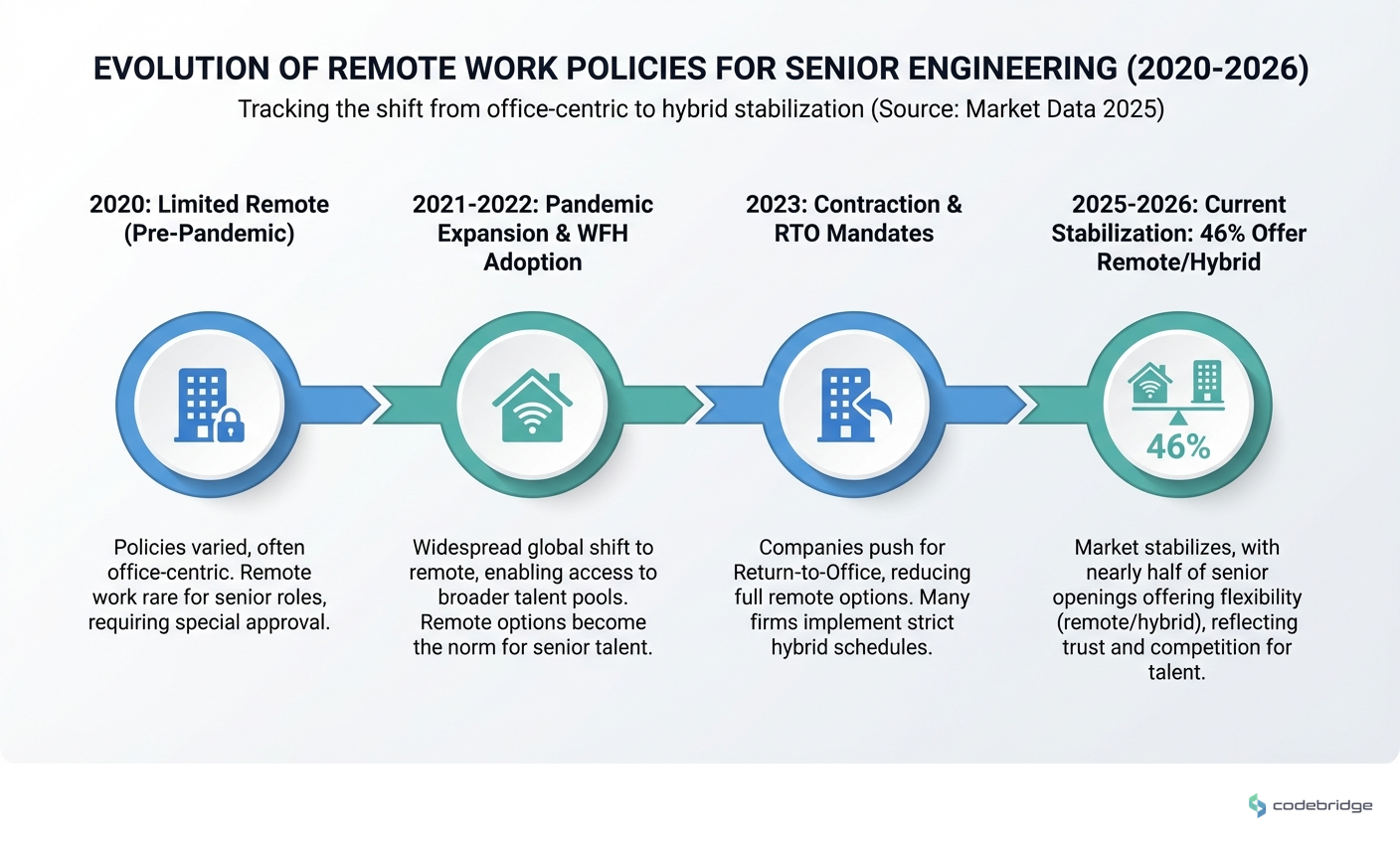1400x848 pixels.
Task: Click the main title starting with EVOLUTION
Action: [700, 68]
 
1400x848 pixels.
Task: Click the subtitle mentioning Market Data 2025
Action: [700, 108]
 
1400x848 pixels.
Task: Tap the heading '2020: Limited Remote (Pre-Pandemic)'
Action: [209, 219]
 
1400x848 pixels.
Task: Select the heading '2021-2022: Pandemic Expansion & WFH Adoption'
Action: [533, 233]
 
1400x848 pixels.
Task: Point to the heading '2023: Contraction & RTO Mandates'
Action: [854, 219]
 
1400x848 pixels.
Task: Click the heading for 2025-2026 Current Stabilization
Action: [1178, 233]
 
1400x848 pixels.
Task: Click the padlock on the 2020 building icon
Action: [230, 426]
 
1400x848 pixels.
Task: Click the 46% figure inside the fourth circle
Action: [1178, 447]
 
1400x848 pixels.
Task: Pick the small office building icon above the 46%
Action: [1206, 381]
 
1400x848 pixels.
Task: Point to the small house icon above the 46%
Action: [1150, 384]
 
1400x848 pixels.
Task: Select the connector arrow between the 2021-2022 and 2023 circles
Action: [660, 405]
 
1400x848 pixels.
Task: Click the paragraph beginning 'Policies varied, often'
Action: [209, 585]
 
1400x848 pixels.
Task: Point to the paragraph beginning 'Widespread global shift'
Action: [533, 597]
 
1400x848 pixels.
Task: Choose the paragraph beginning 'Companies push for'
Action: [852, 597]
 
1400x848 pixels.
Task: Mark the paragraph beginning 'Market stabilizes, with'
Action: [1176, 609]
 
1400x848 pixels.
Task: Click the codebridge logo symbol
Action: [1258, 805]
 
